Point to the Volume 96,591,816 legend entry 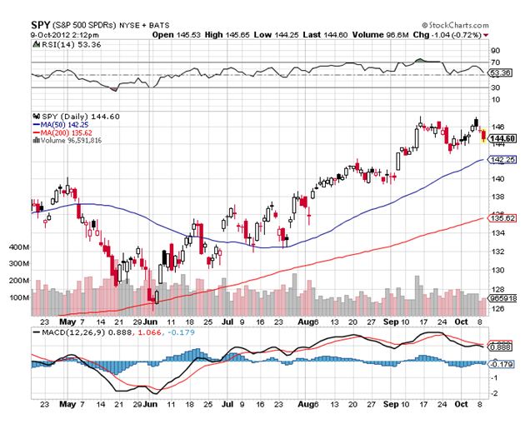click(x=69, y=141)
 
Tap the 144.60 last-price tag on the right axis click(x=502, y=138)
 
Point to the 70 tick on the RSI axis click(x=494, y=62)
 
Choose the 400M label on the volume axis click(x=18, y=247)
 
